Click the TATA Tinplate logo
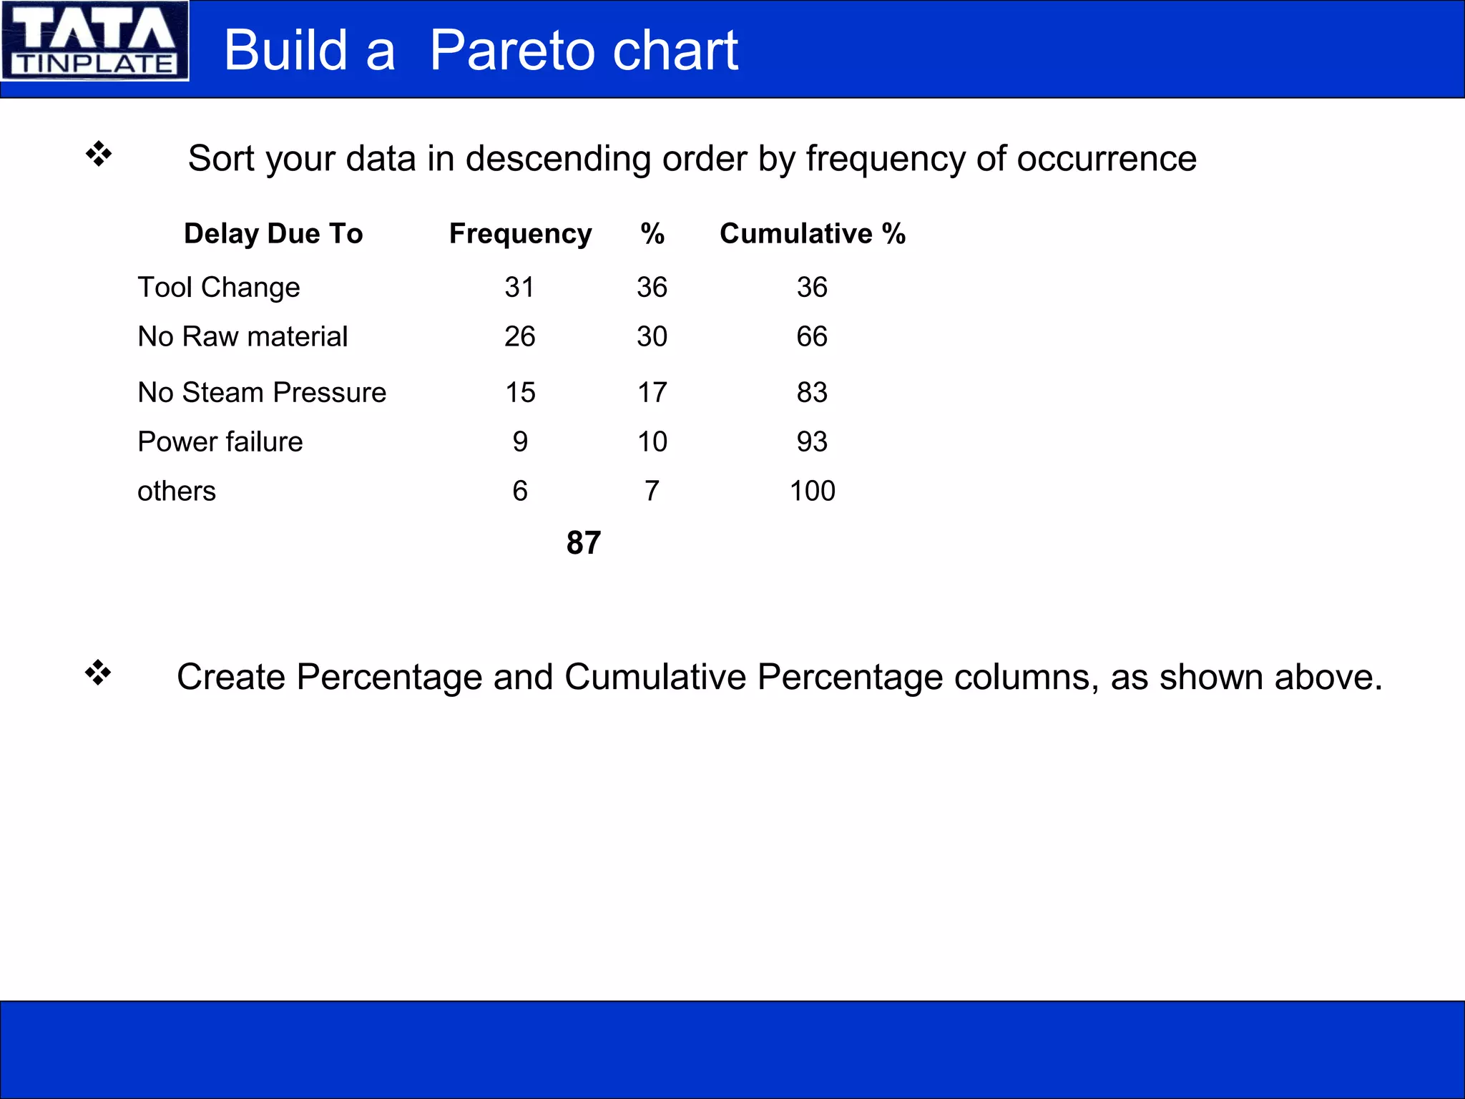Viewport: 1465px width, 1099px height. pos(94,41)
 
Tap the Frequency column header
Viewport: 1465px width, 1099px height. pos(520,234)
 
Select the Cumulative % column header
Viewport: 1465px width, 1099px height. pos(812,234)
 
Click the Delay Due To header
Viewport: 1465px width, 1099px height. pos(273,234)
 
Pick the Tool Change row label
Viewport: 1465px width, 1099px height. pos(218,288)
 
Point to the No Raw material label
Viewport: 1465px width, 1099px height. pos(242,337)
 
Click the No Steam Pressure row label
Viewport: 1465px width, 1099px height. pos(262,393)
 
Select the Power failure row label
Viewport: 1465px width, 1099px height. pos(220,442)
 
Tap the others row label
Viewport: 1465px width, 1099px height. pos(177,492)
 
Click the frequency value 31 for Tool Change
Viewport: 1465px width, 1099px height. pos(519,288)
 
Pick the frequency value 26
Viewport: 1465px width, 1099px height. pos(519,337)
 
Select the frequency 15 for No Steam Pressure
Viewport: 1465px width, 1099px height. pos(520,393)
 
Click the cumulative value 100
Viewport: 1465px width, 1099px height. pos(812,492)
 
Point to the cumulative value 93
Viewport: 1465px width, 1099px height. pos(812,442)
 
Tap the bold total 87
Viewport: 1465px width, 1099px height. pos(583,543)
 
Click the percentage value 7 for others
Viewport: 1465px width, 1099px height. pos(652,492)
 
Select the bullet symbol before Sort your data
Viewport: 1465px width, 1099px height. pos(99,154)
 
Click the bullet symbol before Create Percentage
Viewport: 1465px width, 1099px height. pos(99,673)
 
